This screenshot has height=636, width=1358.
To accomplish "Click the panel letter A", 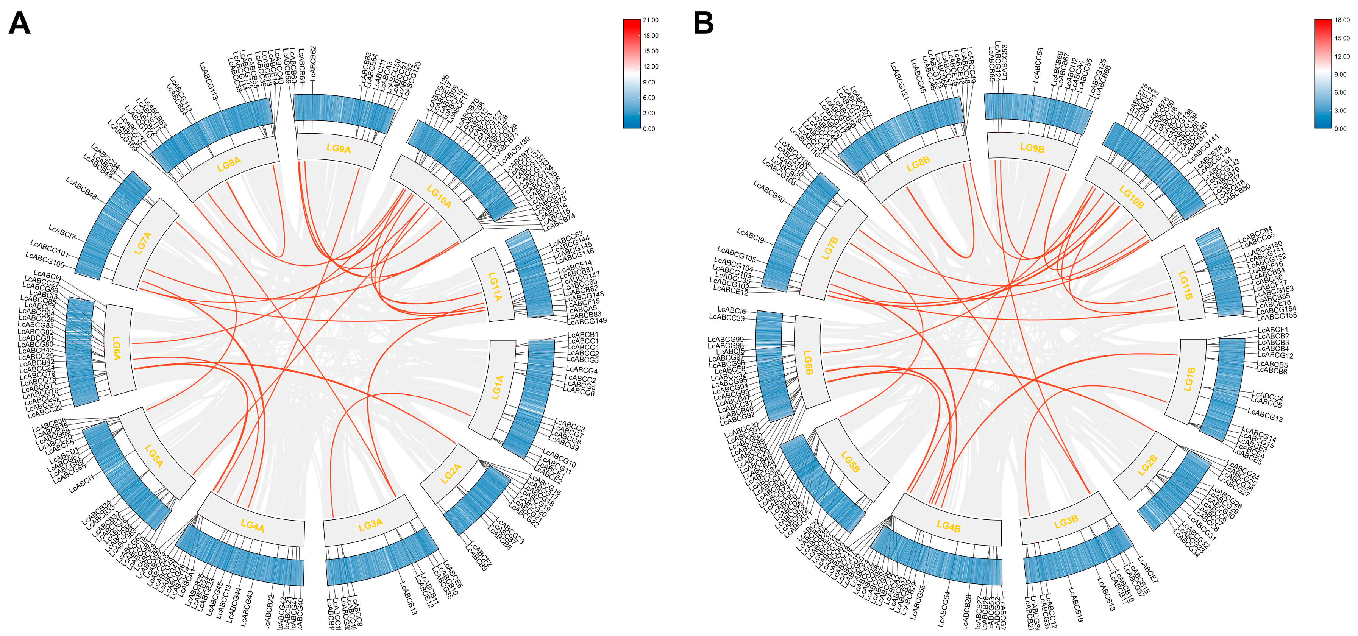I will click(x=20, y=24).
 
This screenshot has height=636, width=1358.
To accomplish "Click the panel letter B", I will click(x=703, y=24).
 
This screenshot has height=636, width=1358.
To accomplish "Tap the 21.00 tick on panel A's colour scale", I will click(x=651, y=20).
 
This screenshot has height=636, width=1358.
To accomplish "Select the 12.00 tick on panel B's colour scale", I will click(x=1342, y=56).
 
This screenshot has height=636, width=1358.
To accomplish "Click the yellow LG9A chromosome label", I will click(x=339, y=149).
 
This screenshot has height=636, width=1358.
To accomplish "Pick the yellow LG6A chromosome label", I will click(x=117, y=348).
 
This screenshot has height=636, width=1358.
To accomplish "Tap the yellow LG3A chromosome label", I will click(x=371, y=524).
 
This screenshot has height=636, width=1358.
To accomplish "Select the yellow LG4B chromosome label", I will click(x=948, y=526).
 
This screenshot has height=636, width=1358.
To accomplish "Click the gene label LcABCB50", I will click(x=769, y=192).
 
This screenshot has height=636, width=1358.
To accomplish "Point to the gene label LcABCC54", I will click(x=1038, y=65).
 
